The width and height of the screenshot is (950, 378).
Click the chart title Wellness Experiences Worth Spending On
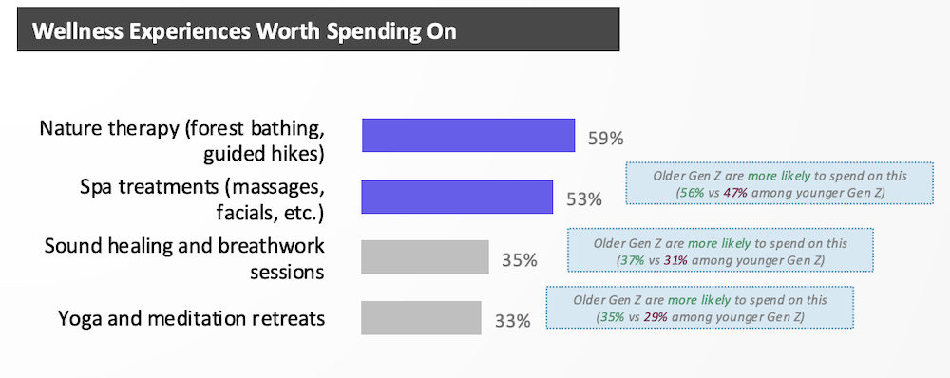(244, 31)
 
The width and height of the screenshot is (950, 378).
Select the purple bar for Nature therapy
(468, 135)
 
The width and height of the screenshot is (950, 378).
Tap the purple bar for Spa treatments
(458, 197)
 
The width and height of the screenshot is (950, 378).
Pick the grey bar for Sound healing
(426, 256)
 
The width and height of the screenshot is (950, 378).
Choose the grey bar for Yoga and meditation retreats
(421, 318)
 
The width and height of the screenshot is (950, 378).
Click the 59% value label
(606, 139)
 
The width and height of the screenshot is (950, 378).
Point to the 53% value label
(584, 199)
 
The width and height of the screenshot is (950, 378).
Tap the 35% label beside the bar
(520, 260)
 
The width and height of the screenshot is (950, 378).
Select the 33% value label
(513, 320)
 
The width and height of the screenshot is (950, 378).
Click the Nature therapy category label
(182, 142)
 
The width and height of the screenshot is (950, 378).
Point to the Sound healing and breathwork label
(185, 258)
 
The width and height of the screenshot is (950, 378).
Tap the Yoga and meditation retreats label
(192, 318)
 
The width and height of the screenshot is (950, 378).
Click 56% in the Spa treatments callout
(689, 193)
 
